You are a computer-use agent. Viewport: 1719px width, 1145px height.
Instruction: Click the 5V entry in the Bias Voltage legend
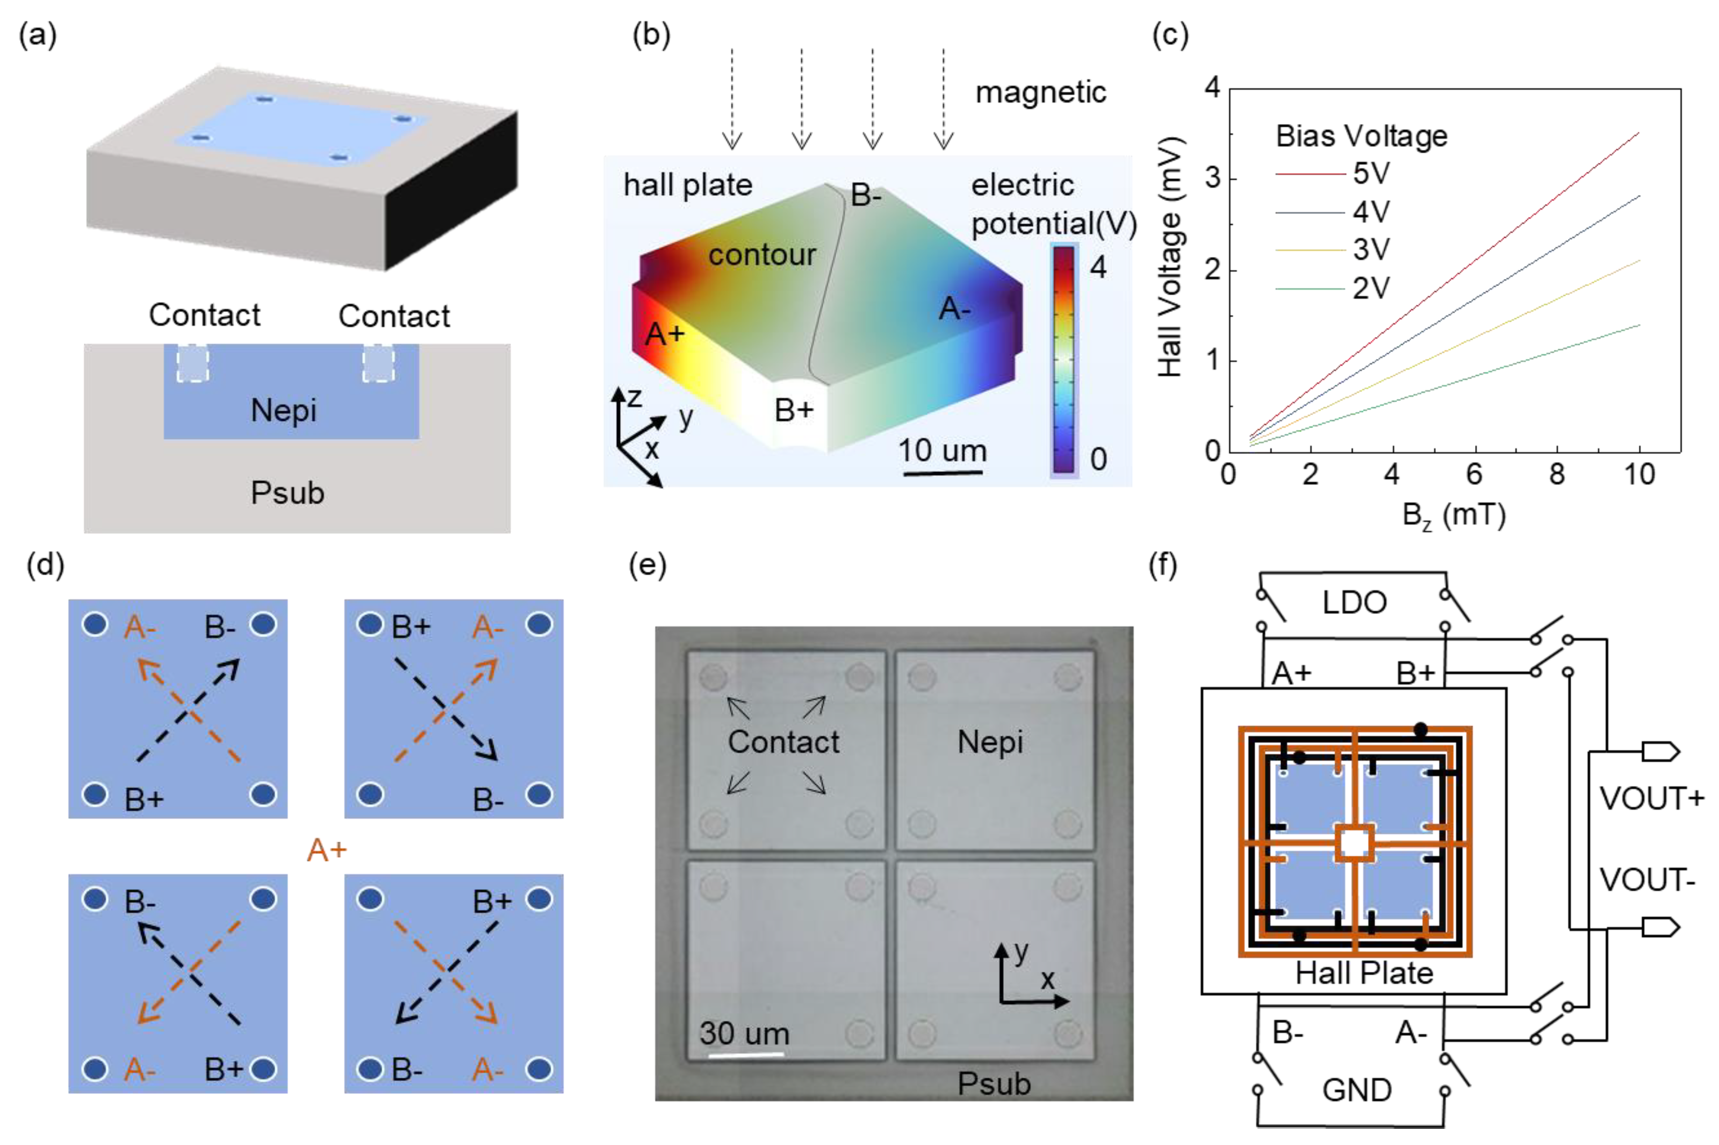click(1370, 174)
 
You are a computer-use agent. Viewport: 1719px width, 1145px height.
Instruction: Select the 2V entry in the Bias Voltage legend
click(1370, 289)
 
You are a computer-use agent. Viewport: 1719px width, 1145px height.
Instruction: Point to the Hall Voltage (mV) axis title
click(1170, 256)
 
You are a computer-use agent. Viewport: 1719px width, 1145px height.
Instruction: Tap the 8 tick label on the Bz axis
click(1556, 475)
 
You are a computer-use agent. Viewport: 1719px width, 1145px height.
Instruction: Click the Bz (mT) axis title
click(1454, 516)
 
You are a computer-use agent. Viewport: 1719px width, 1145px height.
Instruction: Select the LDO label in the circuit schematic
click(1354, 603)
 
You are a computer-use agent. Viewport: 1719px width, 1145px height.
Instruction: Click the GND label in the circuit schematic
click(1356, 1090)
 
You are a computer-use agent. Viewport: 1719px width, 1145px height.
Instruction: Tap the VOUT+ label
click(1651, 798)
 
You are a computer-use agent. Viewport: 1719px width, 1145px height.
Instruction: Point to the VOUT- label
click(1647, 879)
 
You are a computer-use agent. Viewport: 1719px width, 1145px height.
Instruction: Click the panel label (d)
click(45, 565)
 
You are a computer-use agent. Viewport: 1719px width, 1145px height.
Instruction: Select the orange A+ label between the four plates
click(326, 850)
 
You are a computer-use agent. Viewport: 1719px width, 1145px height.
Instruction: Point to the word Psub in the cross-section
click(287, 493)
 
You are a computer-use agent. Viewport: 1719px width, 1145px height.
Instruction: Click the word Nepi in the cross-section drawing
click(283, 410)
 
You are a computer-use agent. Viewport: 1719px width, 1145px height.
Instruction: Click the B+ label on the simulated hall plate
click(794, 410)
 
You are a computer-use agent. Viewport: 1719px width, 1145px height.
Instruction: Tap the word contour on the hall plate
click(761, 255)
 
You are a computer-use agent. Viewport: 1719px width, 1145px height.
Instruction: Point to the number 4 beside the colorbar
click(1097, 268)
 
